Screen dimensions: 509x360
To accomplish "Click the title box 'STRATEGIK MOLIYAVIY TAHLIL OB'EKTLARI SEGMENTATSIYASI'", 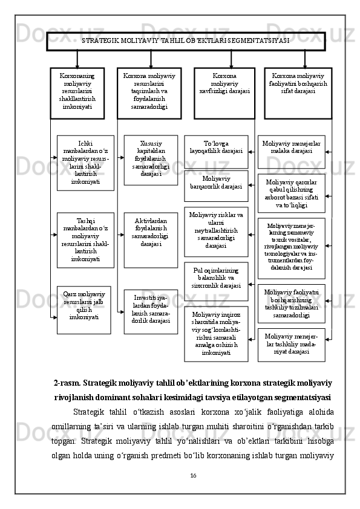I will (x=186, y=41).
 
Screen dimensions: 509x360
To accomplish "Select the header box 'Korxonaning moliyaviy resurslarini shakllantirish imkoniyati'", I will (x=77, y=92).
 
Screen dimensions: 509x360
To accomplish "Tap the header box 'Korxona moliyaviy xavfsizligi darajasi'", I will (x=224, y=92).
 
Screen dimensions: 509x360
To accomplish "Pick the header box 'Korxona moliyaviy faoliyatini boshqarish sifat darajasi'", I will (x=298, y=92).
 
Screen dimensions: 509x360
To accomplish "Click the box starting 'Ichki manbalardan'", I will (x=85, y=163).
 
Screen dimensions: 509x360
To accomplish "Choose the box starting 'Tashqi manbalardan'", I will (x=85, y=239).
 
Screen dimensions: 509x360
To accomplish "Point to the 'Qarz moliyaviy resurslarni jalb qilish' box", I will (x=84, y=310).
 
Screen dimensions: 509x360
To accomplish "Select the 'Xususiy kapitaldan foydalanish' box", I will (x=151, y=160).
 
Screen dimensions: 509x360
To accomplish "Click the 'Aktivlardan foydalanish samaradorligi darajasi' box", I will (x=151, y=239).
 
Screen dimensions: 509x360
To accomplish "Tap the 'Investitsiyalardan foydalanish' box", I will (x=151, y=311).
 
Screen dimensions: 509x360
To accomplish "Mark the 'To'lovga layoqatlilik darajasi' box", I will (x=216, y=151).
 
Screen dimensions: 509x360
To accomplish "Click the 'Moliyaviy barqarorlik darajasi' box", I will (x=216, y=186).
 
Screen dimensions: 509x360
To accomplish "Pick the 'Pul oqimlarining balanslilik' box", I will (x=216, y=281).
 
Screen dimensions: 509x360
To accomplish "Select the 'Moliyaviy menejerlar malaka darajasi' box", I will (x=291, y=151).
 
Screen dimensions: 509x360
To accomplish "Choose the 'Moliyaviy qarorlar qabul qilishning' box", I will (x=291, y=193).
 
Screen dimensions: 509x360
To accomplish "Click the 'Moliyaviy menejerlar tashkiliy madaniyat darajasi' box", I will (x=291, y=344).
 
